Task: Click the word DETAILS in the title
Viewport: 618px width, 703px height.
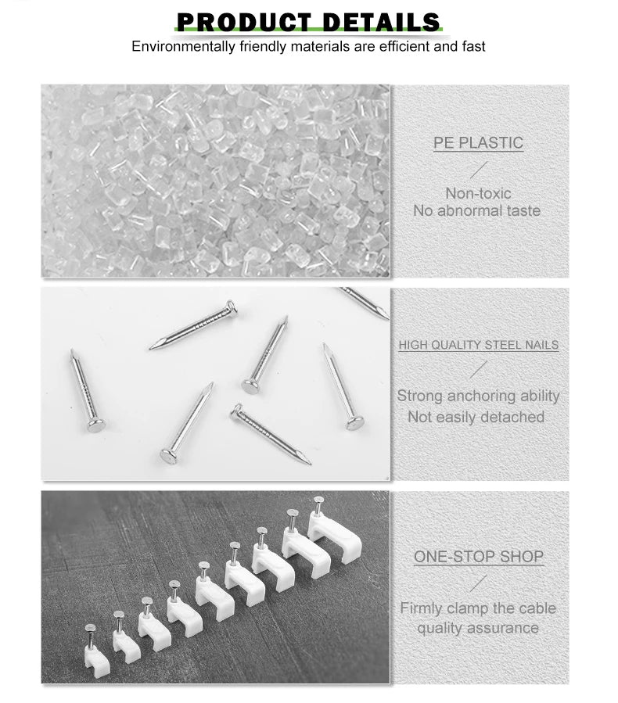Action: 381,21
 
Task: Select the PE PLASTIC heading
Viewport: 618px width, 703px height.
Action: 479,143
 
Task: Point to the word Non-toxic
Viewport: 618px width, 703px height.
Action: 479,193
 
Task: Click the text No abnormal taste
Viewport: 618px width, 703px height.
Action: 477,210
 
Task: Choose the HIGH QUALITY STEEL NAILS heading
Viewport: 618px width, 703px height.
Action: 479,345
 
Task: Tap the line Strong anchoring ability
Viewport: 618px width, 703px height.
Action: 478,396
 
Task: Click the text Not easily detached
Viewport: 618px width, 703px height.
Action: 476,417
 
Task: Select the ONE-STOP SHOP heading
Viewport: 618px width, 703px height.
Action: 479,557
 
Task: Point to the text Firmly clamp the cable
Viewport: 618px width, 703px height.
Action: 478,608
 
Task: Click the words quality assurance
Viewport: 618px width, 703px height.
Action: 477,627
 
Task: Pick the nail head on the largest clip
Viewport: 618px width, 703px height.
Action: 318,499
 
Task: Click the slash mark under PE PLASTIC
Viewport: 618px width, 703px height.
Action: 479,170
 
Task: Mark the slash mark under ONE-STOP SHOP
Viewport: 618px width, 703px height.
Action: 479,583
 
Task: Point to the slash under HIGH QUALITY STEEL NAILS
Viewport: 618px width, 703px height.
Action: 479,370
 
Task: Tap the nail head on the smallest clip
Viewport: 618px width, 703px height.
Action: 91,627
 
